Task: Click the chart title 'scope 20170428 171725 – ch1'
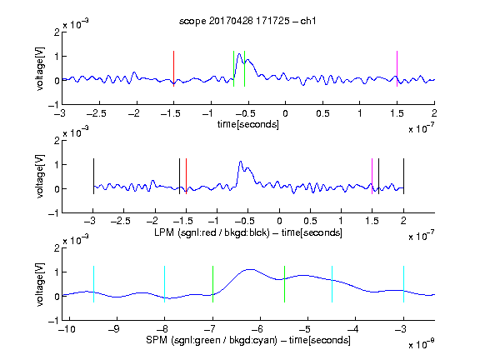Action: tap(247, 21)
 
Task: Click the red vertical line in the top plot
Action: tap(173, 68)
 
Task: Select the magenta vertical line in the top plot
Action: tap(397, 68)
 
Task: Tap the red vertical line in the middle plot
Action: tap(186, 176)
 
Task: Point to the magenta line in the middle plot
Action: tap(372, 176)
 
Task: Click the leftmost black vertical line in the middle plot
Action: tap(93, 176)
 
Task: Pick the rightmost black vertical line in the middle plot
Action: tap(403, 176)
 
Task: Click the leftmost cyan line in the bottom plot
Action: tap(93, 284)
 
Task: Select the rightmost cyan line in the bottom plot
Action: tap(403, 284)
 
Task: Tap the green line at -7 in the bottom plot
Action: tap(212, 284)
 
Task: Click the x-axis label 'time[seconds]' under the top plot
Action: tap(248, 125)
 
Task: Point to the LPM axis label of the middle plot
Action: tap(248, 232)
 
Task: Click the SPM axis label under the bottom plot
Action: tap(248, 340)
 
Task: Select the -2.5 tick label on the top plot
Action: tap(97, 113)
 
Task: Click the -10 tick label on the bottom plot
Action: tap(67, 329)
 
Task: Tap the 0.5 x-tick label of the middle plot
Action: tap(310, 221)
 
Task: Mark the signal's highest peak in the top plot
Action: tap(239, 54)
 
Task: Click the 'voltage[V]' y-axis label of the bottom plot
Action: tap(40, 284)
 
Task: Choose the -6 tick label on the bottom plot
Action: tap(260, 329)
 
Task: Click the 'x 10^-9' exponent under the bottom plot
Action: tap(422, 344)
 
